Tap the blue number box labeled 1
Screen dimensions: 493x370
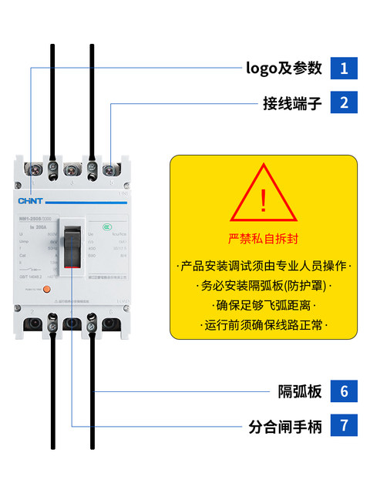[x=344, y=68]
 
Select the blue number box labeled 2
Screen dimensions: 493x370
[x=344, y=102]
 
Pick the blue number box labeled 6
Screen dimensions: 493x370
[x=344, y=391]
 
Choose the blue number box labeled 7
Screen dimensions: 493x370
[x=344, y=425]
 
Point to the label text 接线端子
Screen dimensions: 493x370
[x=292, y=102]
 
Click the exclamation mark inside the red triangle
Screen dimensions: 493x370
[x=263, y=200]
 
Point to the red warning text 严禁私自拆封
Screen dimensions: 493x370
[x=263, y=237]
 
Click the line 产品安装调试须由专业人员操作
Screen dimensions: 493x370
[x=263, y=267]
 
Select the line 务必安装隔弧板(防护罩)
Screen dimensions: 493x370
[x=263, y=287]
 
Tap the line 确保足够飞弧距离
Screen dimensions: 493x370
[x=263, y=306]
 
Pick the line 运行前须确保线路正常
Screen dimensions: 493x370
[x=263, y=326]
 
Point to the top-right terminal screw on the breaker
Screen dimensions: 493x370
[x=110, y=169]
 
